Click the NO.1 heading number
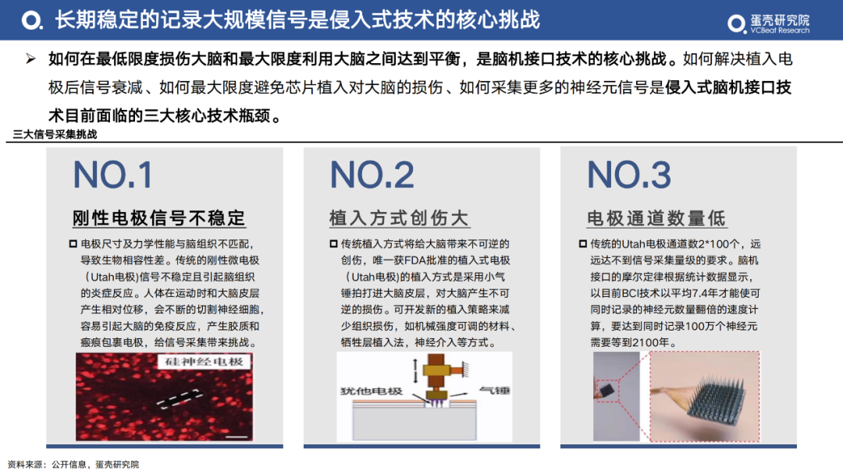pyautogui.click(x=112, y=175)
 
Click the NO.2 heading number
pyautogui.click(x=372, y=175)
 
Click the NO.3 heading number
pyautogui.click(x=629, y=175)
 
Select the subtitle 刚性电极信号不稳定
pyautogui.click(x=159, y=218)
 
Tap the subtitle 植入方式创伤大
pyautogui.click(x=399, y=218)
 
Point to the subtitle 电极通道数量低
pyautogui.click(x=656, y=218)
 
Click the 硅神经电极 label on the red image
pyautogui.click(x=205, y=361)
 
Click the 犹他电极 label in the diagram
pyautogui.click(x=372, y=391)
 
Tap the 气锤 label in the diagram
pyautogui.click(x=494, y=391)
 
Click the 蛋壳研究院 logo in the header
pyautogui.click(x=768, y=23)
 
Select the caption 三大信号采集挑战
pyautogui.click(x=55, y=134)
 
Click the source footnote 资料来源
pyautogui.click(x=73, y=465)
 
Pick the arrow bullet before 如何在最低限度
pyautogui.click(x=30, y=58)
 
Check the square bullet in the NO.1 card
pyautogui.click(x=73, y=244)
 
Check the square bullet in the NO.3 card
pyautogui.click(x=583, y=244)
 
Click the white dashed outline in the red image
pyautogui.click(x=179, y=399)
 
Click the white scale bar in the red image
pyautogui.click(x=237, y=437)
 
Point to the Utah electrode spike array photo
pyautogui.click(x=705, y=396)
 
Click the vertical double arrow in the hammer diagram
pyautogui.click(x=415, y=370)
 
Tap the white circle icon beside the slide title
pyautogui.click(x=32, y=20)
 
